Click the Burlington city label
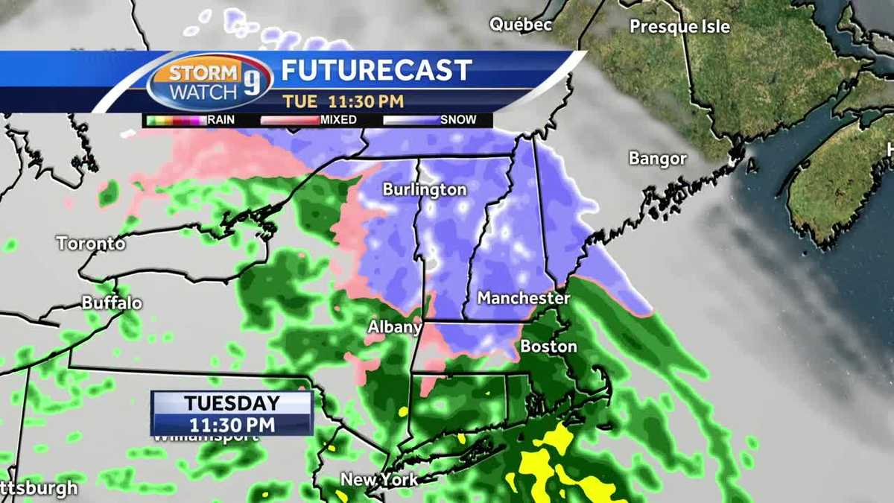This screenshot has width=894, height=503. (x=425, y=190)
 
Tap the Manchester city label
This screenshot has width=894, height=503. (x=523, y=298)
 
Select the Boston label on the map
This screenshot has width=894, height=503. (x=548, y=347)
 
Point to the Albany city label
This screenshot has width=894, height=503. (x=395, y=328)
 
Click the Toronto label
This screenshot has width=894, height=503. (x=91, y=243)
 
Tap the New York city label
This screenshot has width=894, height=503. (x=380, y=479)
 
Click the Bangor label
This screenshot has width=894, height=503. (x=657, y=159)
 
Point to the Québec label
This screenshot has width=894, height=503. (x=521, y=25)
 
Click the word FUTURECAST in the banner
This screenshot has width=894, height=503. (x=376, y=71)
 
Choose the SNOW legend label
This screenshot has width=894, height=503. (x=458, y=119)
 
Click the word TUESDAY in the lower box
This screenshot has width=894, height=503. (x=232, y=404)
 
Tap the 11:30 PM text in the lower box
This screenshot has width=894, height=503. (x=232, y=425)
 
